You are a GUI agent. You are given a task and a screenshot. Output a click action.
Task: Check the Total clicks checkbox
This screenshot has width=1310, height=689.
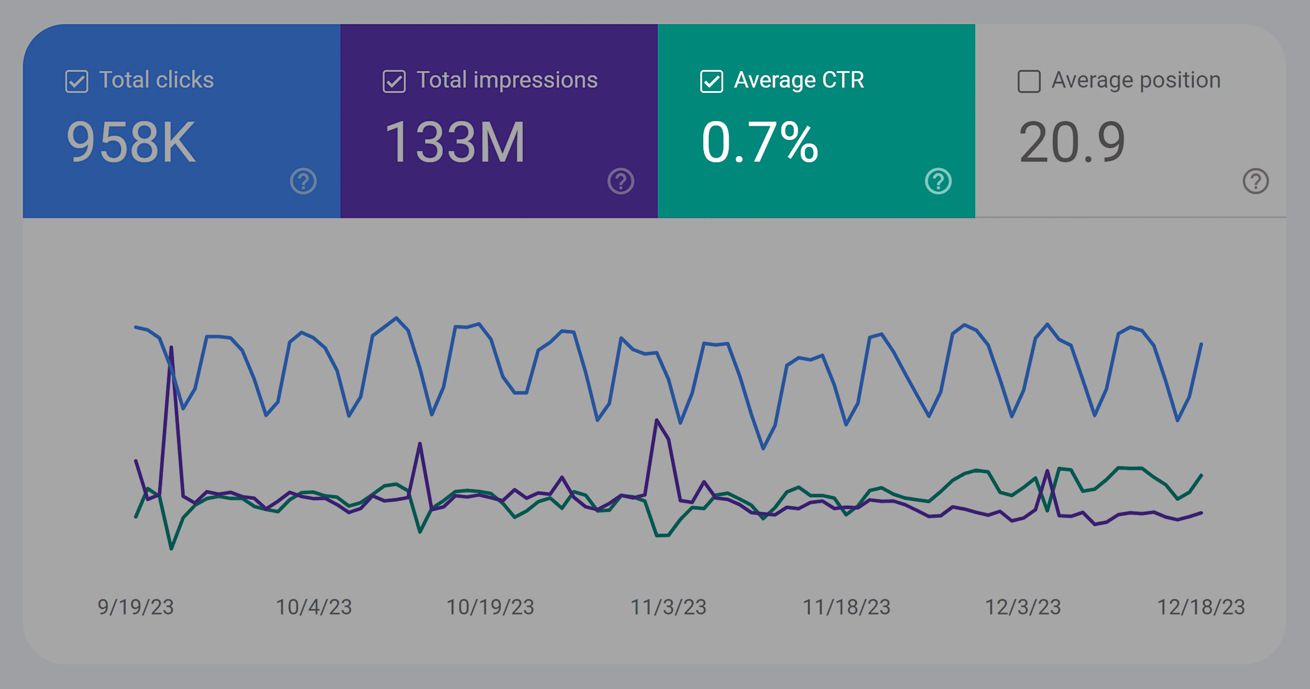point(77,82)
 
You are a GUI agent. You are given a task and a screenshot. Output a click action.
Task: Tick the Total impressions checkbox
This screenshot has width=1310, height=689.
point(394,82)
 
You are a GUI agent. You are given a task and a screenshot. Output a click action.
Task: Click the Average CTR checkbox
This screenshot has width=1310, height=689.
point(712,82)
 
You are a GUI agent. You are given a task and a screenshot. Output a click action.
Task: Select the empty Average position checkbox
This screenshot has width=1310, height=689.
point(1029,82)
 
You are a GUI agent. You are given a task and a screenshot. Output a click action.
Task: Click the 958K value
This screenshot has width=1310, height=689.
point(131,143)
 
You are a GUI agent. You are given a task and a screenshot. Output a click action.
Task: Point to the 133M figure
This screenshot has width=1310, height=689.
point(454,143)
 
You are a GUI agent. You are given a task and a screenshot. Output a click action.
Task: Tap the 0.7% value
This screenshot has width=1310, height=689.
point(760,143)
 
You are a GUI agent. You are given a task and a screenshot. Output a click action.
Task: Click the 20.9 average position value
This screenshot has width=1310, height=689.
point(1072,143)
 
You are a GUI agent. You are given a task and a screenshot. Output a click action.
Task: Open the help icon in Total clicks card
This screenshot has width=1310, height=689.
point(303,181)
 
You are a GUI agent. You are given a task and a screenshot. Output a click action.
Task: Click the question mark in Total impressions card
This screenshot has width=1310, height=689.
point(621,181)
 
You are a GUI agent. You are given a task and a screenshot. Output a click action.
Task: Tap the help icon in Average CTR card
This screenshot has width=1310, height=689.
point(938,181)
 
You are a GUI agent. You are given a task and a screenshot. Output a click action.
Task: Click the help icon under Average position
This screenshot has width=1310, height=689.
point(1256,181)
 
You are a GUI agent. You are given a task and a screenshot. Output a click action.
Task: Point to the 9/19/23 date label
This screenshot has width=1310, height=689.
point(136,607)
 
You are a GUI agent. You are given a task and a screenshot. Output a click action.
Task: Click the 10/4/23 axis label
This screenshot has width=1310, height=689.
point(314,607)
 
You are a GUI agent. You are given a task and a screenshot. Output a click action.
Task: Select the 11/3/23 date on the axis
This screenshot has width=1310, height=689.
point(668,607)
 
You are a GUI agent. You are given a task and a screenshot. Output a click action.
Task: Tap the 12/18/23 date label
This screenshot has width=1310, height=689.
point(1200,607)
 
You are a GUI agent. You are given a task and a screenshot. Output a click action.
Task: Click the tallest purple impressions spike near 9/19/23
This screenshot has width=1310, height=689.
point(171,348)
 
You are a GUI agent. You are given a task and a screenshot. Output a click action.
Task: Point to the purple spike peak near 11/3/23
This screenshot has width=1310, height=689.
point(657,420)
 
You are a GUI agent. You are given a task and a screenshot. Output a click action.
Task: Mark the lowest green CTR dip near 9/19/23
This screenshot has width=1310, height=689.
point(171,548)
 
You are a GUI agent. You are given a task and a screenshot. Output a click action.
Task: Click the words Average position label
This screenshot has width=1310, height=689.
point(1136,80)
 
